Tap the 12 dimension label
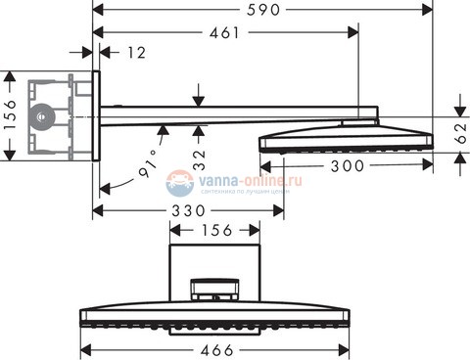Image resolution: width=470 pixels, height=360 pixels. click(x=136, y=52)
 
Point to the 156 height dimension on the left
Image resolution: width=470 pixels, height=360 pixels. click(x=9, y=114)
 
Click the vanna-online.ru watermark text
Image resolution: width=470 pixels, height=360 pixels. click(x=241, y=181)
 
